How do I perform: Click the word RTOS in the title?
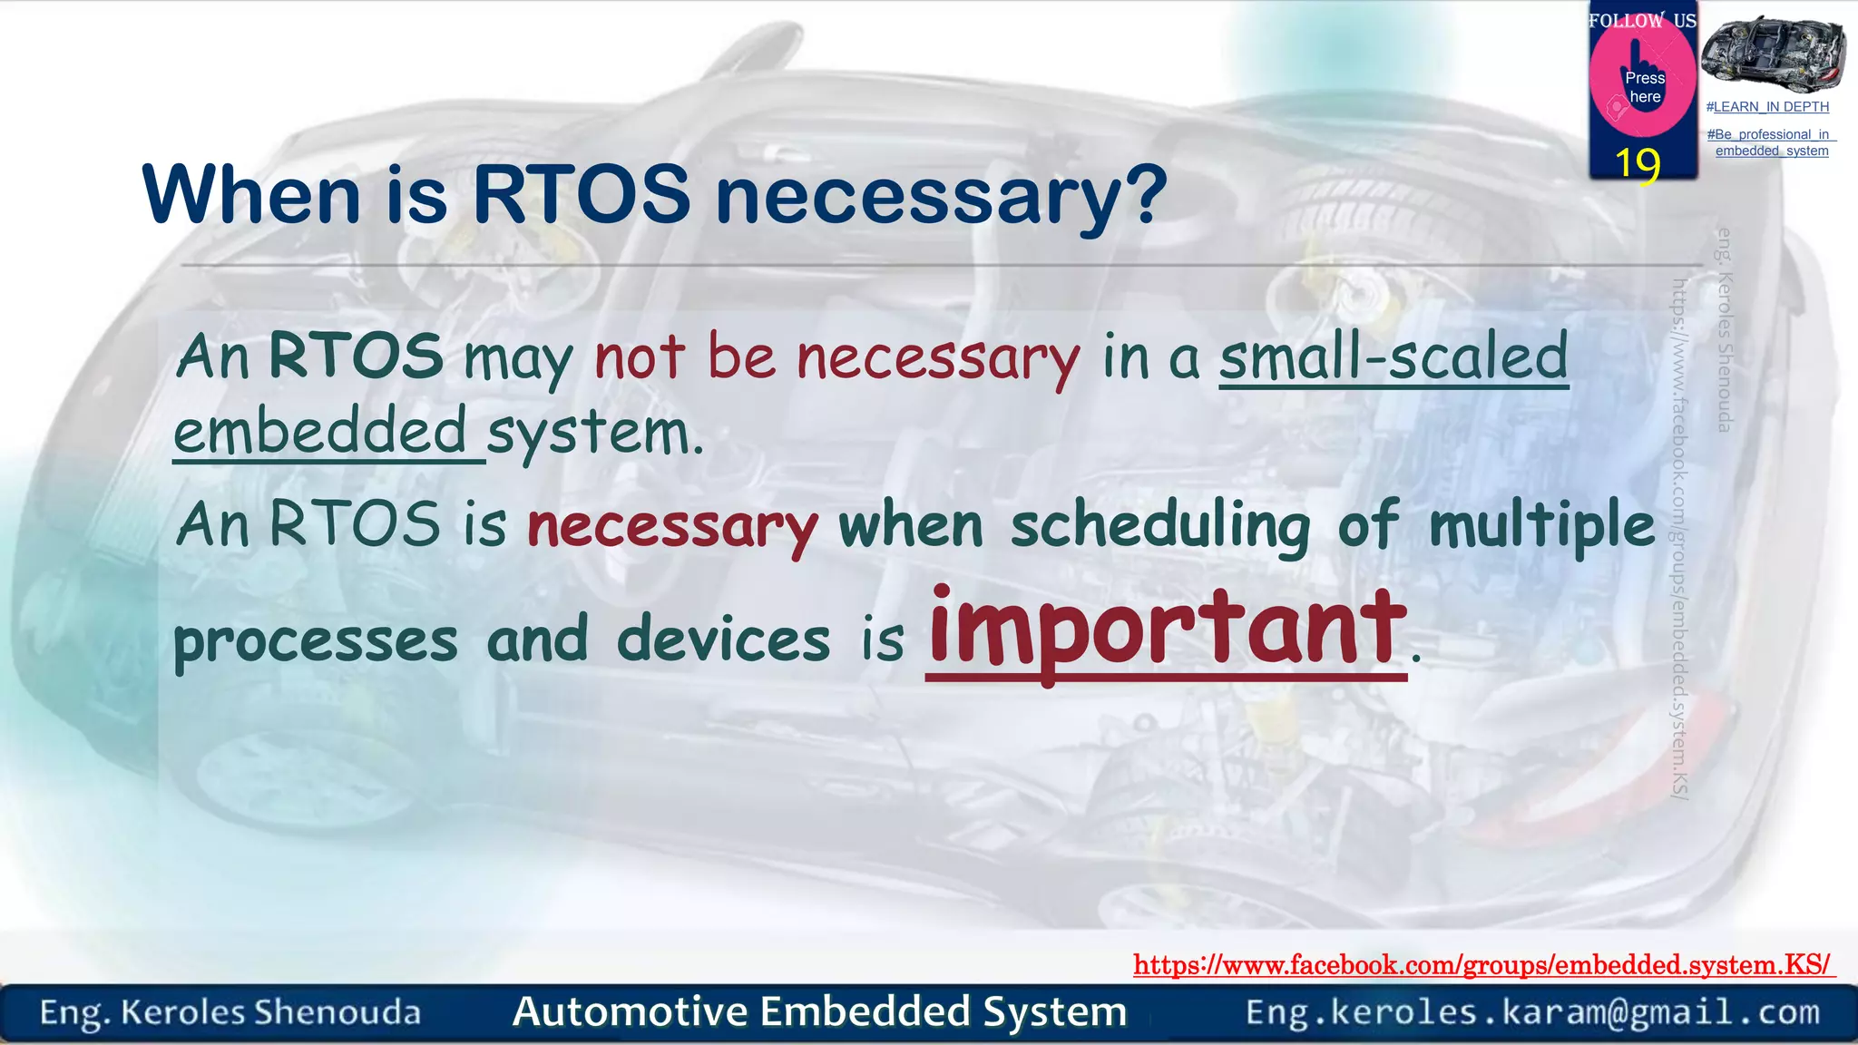click(581, 194)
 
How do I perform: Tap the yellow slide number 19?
click(1638, 164)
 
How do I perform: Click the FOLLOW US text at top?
click(1642, 20)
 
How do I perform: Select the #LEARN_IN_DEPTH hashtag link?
click(1767, 107)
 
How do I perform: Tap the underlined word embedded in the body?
click(320, 431)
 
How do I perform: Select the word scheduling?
click(1160, 525)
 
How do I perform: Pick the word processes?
click(316, 640)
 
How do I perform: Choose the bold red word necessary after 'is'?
click(672, 526)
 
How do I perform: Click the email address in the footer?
click(1532, 1011)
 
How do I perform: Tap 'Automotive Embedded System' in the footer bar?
click(819, 1011)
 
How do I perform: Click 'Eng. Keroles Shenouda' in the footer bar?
click(230, 1012)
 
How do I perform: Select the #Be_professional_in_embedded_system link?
click(1771, 142)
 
